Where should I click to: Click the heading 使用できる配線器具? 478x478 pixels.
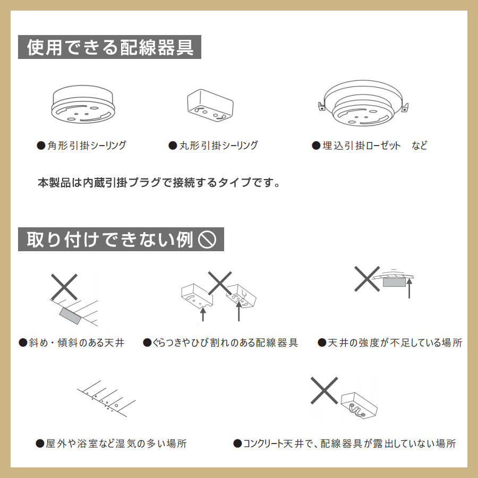tap(110, 47)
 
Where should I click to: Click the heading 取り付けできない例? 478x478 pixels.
tap(110, 240)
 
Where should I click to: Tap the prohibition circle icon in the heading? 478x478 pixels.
tap(207, 240)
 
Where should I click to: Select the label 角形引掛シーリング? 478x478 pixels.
tap(81, 146)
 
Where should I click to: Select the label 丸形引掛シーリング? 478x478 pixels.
tap(213, 146)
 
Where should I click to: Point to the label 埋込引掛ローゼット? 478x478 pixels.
tap(356, 146)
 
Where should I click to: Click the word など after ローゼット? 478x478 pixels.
tap(420, 146)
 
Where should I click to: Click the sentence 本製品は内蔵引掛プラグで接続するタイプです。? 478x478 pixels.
tap(159, 183)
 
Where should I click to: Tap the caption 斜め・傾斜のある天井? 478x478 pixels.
tap(72, 343)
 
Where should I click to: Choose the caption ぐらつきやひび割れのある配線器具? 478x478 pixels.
tap(220, 343)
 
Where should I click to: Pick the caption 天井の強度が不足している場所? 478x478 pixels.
tap(390, 343)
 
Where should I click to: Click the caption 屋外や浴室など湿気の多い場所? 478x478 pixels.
tap(112, 443)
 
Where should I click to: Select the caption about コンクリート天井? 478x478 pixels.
tap(345, 443)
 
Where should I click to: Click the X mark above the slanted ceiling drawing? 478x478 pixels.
tap(64, 287)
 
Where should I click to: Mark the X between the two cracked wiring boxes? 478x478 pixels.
tap(220, 283)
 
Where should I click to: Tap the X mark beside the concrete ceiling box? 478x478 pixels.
tap(324, 390)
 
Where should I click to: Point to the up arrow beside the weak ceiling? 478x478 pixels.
tap(409, 288)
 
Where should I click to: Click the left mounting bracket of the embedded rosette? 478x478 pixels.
tap(321, 107)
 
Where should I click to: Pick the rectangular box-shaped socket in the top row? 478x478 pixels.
tap(210, 105)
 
